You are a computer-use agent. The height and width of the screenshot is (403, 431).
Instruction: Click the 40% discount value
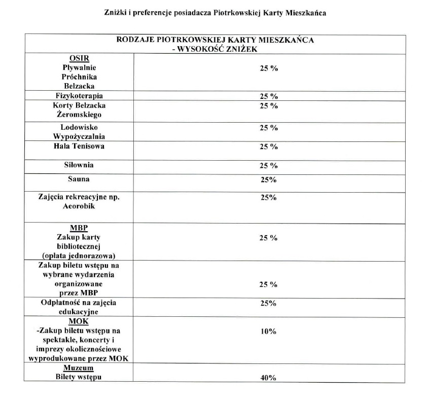pos(268,378)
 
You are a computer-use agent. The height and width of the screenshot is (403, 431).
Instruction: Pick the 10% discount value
pos(268,332)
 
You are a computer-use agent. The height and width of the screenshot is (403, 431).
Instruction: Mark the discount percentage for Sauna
pos(268,180)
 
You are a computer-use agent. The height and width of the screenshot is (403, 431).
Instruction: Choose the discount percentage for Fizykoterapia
pos(269,96)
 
